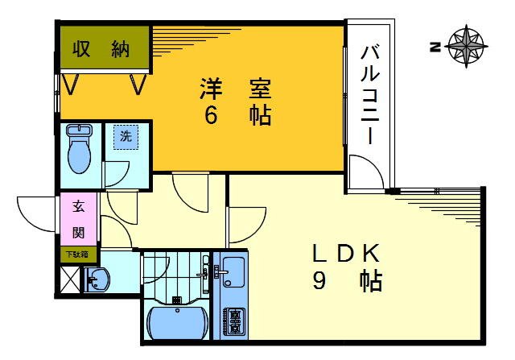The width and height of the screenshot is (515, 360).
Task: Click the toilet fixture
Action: [80, 149]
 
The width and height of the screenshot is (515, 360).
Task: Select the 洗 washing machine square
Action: [125, 137]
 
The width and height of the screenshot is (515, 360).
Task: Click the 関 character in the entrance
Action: [79, 233]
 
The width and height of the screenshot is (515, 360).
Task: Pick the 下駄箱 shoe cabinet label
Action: [78, 254]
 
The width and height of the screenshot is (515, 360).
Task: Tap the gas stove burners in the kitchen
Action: [235, 321]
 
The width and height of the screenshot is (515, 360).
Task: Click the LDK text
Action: [345, 254]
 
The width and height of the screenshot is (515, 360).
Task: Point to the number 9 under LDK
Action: [319, 282]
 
